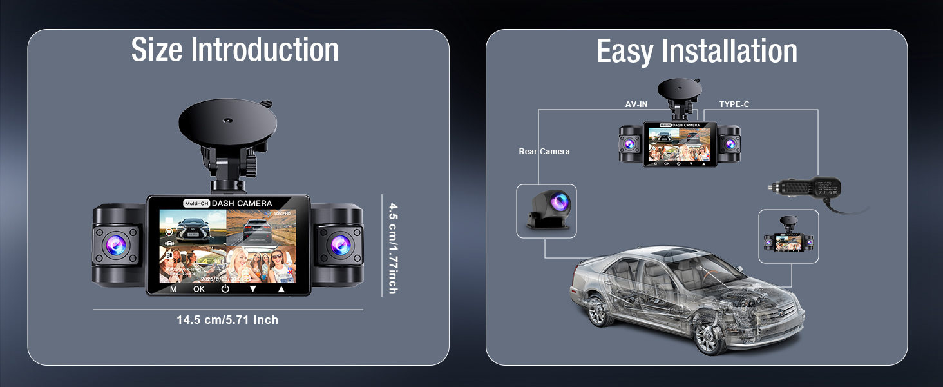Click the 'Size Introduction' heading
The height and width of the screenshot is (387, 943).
pos(235,50)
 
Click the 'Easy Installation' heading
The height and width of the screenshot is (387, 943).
pos(697,52)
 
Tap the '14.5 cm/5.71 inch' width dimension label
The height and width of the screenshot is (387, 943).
pos(227,320)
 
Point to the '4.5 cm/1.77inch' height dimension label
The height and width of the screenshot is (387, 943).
pos(392,248)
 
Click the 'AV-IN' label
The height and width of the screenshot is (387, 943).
pos(636,104)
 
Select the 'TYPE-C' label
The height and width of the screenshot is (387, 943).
pos(734,104)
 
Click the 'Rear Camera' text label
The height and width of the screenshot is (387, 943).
pos(544,152)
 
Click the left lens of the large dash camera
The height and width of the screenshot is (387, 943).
pos(117,245)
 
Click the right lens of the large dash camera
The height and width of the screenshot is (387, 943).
pos(339,245)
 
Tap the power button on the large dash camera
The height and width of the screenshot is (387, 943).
pos(225,289)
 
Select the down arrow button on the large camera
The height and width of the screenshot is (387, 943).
pos(253,289)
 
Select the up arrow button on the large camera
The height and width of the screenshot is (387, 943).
pos(281,289)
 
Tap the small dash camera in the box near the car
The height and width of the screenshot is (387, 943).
pos(788,237)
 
